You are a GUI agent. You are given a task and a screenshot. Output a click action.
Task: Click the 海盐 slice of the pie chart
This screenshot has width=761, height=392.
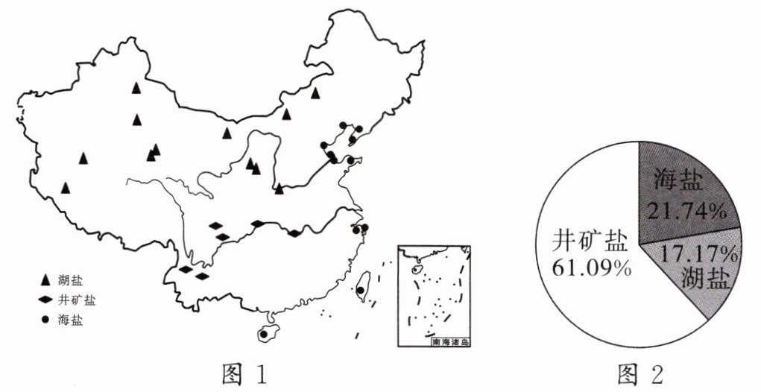[675, 186]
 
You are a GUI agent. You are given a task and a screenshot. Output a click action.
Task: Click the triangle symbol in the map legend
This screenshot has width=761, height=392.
[45, 280]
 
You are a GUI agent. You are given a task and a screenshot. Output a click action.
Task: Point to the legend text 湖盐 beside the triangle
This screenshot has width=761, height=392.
[72, 280]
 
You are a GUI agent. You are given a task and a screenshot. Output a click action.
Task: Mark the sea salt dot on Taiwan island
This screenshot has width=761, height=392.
[361, 290]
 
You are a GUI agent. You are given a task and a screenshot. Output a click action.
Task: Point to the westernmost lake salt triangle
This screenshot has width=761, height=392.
[66, 188]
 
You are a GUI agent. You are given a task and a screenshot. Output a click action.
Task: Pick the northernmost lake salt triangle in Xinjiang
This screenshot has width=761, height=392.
[136, 88]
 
